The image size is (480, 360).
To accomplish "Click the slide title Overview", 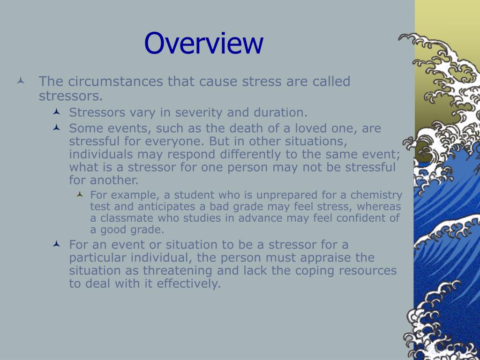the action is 203,44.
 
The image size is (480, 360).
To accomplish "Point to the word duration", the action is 280,112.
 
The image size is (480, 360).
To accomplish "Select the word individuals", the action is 101,154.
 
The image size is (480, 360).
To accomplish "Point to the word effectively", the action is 188,284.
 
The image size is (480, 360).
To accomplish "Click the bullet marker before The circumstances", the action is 21,81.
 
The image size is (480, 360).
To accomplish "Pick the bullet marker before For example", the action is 80,194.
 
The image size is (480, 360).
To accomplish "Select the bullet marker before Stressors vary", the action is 56,112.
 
